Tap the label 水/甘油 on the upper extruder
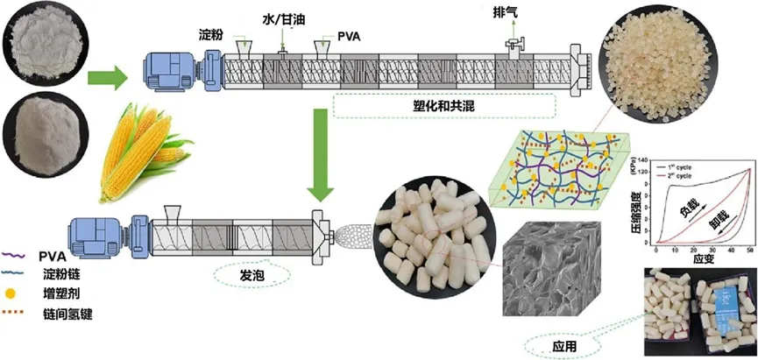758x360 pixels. (x=281, y=18)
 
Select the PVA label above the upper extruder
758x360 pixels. (x=350, y=38)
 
